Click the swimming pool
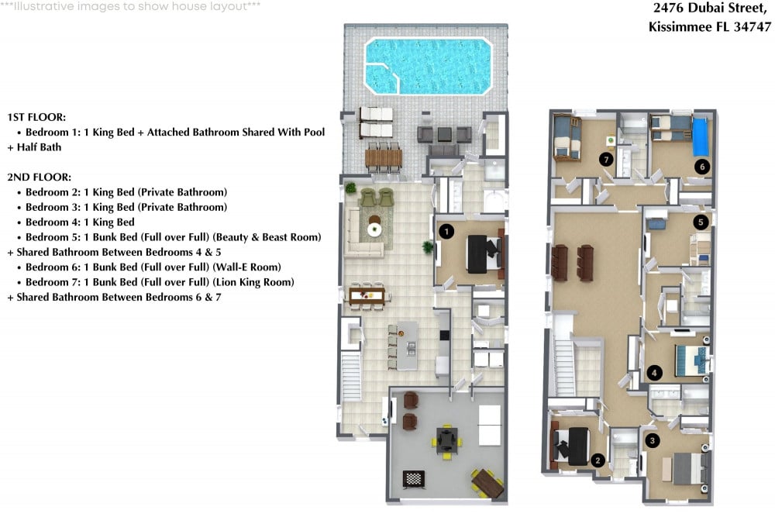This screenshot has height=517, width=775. [x=429, y=66]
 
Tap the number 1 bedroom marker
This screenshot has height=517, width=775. [x=446, y=231]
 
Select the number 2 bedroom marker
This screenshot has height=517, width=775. [x=598, y=460]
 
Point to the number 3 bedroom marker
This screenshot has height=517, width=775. [x=652, y=440]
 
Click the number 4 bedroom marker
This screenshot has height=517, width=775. [x=654, y=373]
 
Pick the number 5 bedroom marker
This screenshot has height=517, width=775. [x=701, y=222]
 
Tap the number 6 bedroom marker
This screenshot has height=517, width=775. [x=702, y=167]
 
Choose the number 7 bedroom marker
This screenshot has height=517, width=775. [x=606, y=159]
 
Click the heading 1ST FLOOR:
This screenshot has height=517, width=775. [x=36, y=117]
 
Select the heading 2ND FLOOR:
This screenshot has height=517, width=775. [x=39, y=177]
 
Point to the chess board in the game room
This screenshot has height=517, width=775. [x=414, y=478]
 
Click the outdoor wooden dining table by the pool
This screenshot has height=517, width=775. [x=384, y=159]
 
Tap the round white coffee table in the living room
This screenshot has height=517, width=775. [x=374, y=229]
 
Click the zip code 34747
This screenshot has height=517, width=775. [x=753, y=26]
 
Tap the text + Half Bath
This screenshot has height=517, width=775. [x=34, y=147]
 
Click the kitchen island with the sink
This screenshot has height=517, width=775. [x=408, y=346]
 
